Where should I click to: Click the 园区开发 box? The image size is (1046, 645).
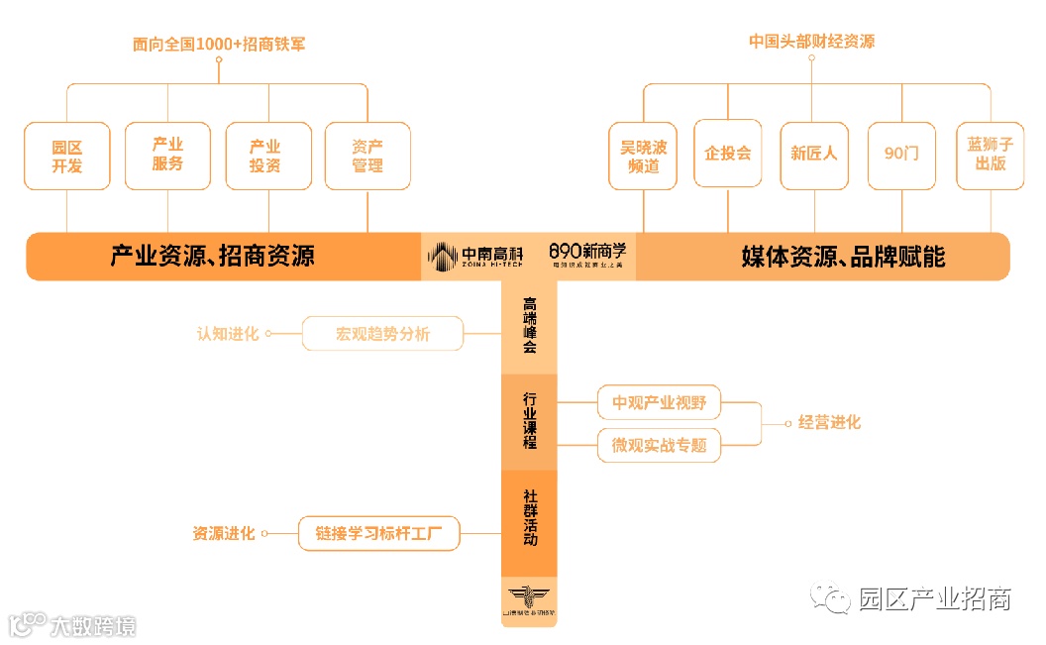67,156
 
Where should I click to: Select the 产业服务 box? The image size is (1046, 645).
167,155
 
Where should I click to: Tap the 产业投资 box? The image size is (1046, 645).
267,156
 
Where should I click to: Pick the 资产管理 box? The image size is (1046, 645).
367,156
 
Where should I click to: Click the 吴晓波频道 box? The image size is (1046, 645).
644,156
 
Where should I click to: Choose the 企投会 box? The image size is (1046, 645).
728,154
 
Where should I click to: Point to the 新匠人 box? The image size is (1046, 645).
814,155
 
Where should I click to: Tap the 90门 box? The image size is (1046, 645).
901,155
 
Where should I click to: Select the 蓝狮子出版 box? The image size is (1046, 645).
990,155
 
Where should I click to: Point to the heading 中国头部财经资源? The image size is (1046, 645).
811,42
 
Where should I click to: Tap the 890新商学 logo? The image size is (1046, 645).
588,255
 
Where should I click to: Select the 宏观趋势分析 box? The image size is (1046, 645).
382,334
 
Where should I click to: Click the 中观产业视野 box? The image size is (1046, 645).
659,403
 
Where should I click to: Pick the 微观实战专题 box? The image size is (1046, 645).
659,445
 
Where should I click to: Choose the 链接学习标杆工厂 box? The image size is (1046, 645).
380,533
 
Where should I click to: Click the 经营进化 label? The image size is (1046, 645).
829,423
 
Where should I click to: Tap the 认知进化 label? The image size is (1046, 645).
228,334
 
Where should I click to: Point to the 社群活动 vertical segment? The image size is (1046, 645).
530,523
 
